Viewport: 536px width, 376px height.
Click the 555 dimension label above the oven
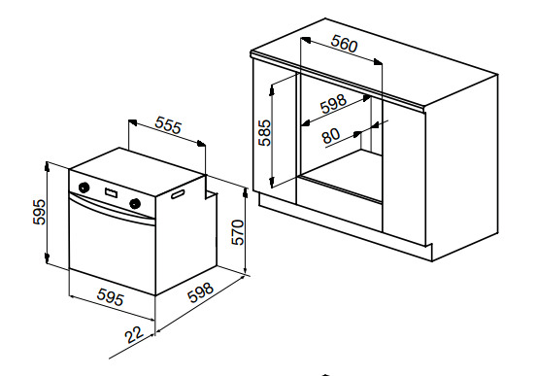click(168, 125)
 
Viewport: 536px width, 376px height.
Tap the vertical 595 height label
click(39, 212)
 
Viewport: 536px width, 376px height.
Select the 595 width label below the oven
click(111, 296)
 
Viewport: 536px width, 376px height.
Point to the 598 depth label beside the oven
click(201, 292)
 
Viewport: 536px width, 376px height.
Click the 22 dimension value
click(134, 334)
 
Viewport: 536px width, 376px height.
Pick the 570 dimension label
click(238, 232)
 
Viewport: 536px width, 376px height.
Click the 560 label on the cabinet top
click(345, 44)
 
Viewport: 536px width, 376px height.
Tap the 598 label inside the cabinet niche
click(334, 103)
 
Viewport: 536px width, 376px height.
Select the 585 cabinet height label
click(264, 133)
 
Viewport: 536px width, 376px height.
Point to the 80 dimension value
click(331, 136)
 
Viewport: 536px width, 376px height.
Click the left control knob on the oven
click(84, 188)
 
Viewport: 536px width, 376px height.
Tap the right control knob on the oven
click(135, 203)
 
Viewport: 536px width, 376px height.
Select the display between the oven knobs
click(111, 193)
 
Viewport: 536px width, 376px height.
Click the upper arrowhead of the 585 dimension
click(272, 90)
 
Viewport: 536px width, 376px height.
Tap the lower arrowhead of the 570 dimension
click(245, 268)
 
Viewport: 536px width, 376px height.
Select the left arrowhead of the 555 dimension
click(132, 122)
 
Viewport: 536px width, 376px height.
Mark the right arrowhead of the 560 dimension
click(378, 62)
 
